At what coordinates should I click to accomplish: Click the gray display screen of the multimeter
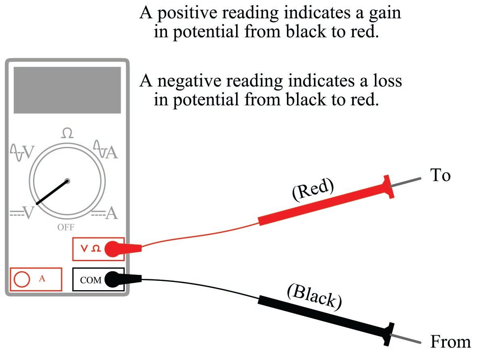click(x=67, y=90)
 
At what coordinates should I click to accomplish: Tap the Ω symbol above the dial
click(x=67, y=133)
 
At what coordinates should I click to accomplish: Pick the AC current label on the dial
click(x=106, y=151)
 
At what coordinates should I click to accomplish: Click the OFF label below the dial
click(x=66, y=227)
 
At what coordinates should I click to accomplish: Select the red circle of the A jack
click(x=22, y=279)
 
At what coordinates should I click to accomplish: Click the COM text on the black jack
click(x=91, y=280)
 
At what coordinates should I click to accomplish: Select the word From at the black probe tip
click(x=450, y=342)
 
